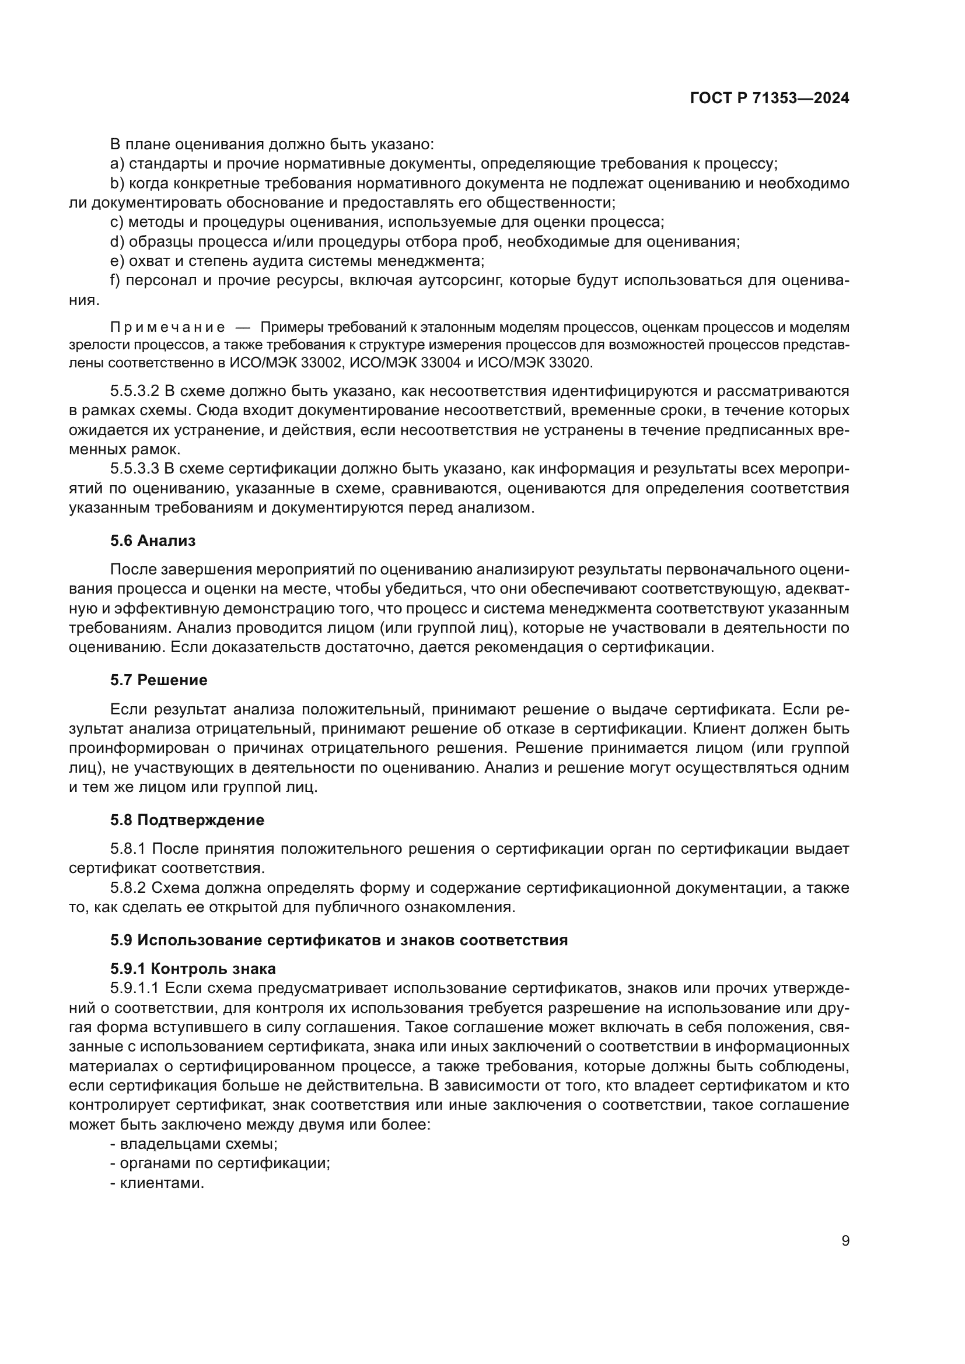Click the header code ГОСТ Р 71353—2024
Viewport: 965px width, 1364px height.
(x=770, y=99)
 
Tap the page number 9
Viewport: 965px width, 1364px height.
(x=845, y=1241)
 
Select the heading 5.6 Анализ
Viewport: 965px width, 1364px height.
(x=153, y=541)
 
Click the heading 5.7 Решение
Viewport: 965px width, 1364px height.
(x=159, y=680)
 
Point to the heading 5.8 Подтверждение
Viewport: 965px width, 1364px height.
(x=187, y=820)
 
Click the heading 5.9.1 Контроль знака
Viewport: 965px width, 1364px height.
(x=193, y=969)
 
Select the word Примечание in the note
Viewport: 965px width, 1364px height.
(x=167, y=327)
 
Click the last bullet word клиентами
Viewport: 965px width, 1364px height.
(x=162, y=1183)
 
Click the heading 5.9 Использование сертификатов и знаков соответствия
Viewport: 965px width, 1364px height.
(x=339, y=941)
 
